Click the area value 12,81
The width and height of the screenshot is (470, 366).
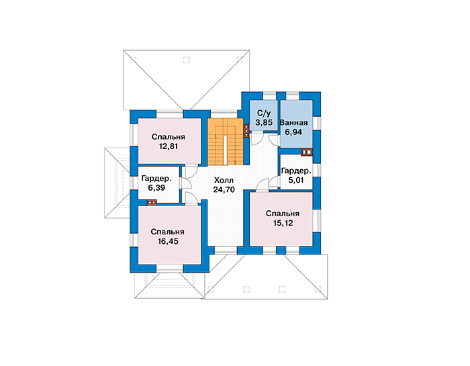169,146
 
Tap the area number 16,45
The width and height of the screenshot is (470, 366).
168,241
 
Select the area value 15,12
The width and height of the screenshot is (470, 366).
283,223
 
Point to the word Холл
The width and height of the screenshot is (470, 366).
224,180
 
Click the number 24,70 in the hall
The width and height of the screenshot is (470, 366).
224,189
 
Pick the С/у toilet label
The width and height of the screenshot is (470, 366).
264,113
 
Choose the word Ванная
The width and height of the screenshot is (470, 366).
293,123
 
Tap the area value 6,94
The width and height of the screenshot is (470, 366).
293,132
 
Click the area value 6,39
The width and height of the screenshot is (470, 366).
156,188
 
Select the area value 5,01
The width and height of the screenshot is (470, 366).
296,180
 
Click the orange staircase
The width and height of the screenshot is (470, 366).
225,142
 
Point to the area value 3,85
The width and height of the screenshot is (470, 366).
264,123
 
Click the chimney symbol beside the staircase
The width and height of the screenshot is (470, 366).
246,131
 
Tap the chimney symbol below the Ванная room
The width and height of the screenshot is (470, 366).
307,152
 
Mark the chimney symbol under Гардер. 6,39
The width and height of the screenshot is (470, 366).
152,202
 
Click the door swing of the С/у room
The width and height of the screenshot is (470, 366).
257,140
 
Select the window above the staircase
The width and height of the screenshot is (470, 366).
224,114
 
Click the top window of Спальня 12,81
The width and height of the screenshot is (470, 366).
170,114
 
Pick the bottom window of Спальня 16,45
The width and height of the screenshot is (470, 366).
170,269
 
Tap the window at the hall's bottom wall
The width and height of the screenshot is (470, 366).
226,250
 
